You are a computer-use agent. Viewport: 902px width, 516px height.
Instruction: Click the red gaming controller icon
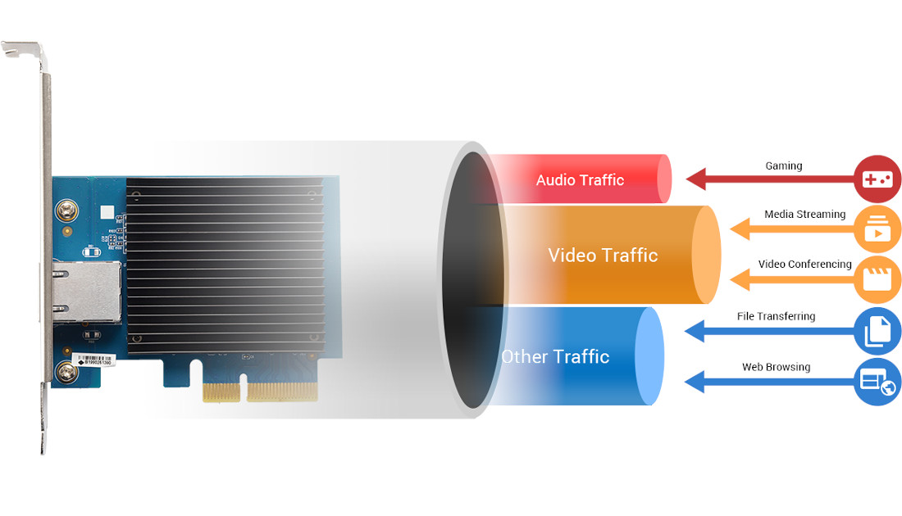[x=877, y=179]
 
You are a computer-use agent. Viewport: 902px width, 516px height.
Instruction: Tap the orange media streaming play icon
[x=877, y=229]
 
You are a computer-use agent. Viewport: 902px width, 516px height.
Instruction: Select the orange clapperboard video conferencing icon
[x=877, y=278]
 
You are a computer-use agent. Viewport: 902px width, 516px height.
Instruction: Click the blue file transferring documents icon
[x=877, y=331]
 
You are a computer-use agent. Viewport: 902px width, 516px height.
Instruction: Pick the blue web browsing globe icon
[x=877, y=381]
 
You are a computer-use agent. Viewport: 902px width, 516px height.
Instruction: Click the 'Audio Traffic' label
[x=580, y=180]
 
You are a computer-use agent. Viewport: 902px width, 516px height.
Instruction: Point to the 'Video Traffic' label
[x=603, y=255]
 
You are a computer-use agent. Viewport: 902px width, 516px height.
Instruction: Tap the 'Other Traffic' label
[x=555, y=356]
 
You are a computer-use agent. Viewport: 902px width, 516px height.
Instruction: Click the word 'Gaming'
[x=784, y=165]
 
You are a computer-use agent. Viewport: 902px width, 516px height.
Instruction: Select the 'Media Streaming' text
[x=804, y=215]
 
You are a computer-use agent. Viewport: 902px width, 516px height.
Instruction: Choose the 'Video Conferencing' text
[x=804, y=265]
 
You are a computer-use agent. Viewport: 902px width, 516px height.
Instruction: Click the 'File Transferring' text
[x=776, y=316]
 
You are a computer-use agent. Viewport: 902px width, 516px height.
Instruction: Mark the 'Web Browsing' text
[x=776, y=367]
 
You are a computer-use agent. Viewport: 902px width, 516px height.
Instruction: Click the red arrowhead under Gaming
[x=697, y=179]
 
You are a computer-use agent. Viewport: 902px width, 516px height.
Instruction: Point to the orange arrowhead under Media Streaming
[x=740, y=229]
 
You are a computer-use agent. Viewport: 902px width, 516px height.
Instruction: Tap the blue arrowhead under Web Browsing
[x=695, y=381]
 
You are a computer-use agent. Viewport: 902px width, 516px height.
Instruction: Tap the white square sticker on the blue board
[x=107, y=212]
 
